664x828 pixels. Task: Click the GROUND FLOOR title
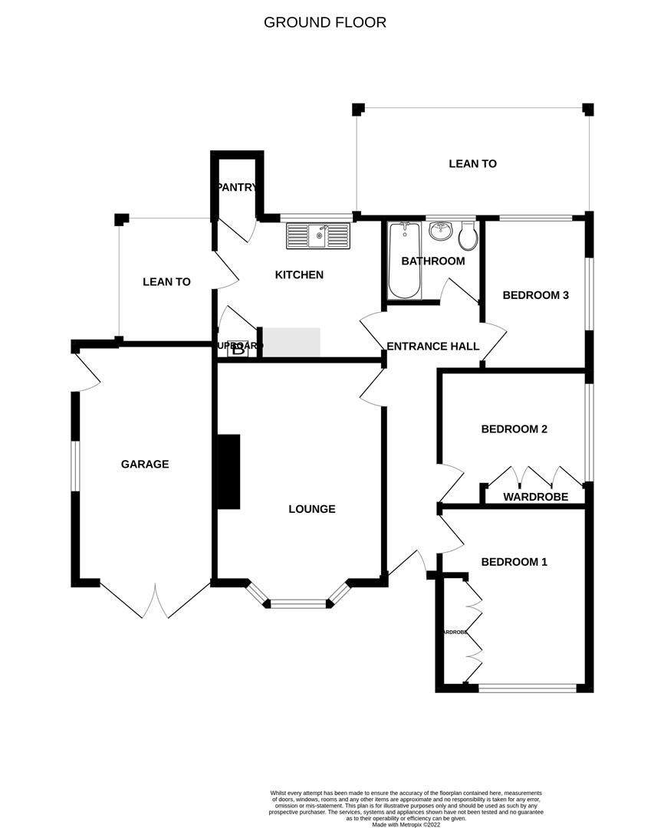pos(325,22)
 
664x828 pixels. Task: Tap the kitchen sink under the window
pos(317,235)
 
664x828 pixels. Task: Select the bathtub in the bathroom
pos(404,261)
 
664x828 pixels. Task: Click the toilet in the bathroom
pos(468,238)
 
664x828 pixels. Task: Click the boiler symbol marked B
pos(238,350)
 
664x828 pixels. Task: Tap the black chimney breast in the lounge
pos(228,472)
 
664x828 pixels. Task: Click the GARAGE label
pos(145,464)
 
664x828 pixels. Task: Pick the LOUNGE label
pos(312,508)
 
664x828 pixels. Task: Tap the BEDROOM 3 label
pos(535,295)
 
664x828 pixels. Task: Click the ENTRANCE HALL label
pos(433,346)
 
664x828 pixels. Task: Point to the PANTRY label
pos(238,187)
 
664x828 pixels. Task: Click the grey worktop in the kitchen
pos(291,342)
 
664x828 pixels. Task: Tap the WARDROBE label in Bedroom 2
pos(535,497)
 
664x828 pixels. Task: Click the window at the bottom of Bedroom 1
pos(527,688)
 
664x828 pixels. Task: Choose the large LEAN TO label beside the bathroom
pos(472,163)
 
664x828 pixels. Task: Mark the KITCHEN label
pos(299,274)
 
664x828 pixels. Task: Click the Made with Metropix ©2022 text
pos(406,824)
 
